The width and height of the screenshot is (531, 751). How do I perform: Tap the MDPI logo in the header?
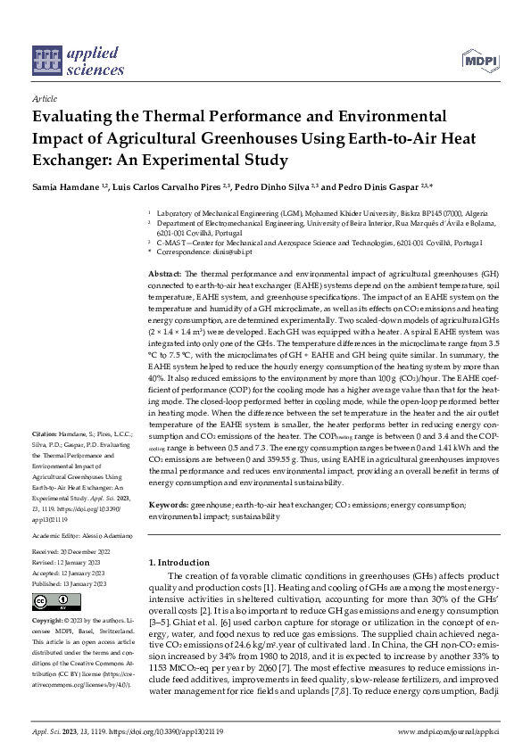pyautogui.click(x=478, y=60)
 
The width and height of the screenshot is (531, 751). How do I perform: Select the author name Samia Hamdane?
pyautogui.click(x=64, y=188)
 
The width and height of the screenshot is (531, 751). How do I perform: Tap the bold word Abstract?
pyautogui.click(x=163, y=272)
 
